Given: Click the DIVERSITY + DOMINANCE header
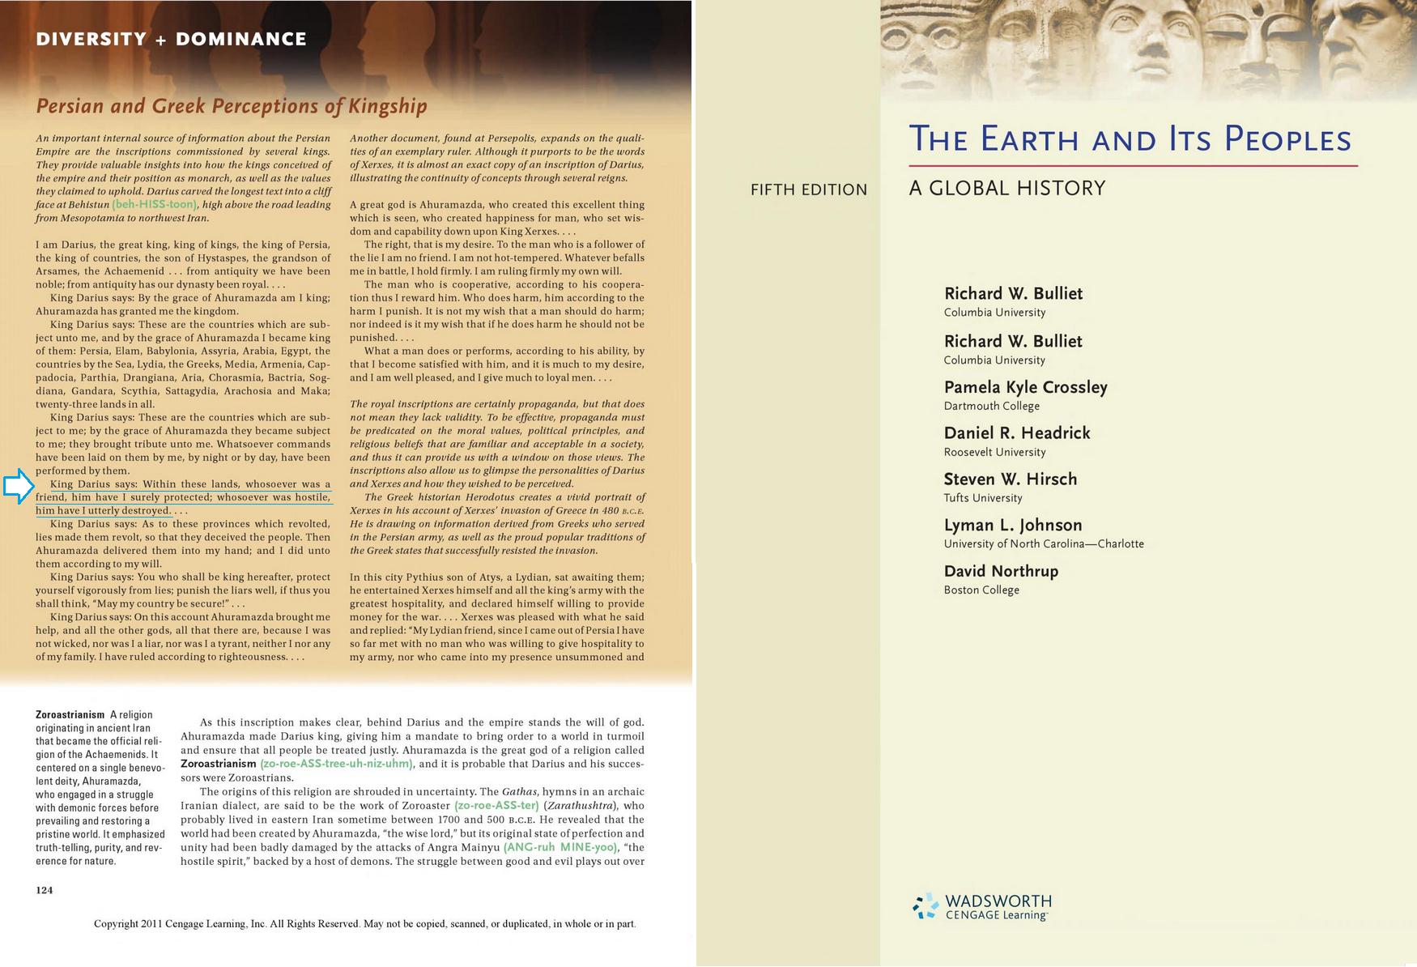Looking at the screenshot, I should pos(171,39).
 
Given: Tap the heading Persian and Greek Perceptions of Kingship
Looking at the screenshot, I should pos(232,106).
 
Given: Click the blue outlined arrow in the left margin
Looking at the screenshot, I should pos(19,487).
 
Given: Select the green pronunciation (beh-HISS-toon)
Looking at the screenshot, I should pos(155,205).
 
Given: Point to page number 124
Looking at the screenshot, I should pos(45,890).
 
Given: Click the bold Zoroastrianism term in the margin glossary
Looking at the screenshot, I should pos(70,714).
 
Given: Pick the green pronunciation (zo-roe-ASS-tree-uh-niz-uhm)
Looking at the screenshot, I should pos(336,764).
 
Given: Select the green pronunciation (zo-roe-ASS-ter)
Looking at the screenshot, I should pos(496,806).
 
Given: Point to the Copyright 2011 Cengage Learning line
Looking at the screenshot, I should pos(364,924).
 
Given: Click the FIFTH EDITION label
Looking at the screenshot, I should pos(808,190).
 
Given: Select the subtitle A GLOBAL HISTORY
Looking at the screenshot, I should pos(1006,189).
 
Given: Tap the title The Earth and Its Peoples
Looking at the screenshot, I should pos(1130,139).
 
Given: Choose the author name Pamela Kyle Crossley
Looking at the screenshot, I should pos(1025,387).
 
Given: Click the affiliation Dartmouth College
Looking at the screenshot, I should pos(991,407).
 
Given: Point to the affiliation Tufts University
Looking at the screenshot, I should pos(983,498).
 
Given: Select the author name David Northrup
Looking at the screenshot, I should pos(1001,571).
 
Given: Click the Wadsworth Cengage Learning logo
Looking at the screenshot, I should pos(982,906).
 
